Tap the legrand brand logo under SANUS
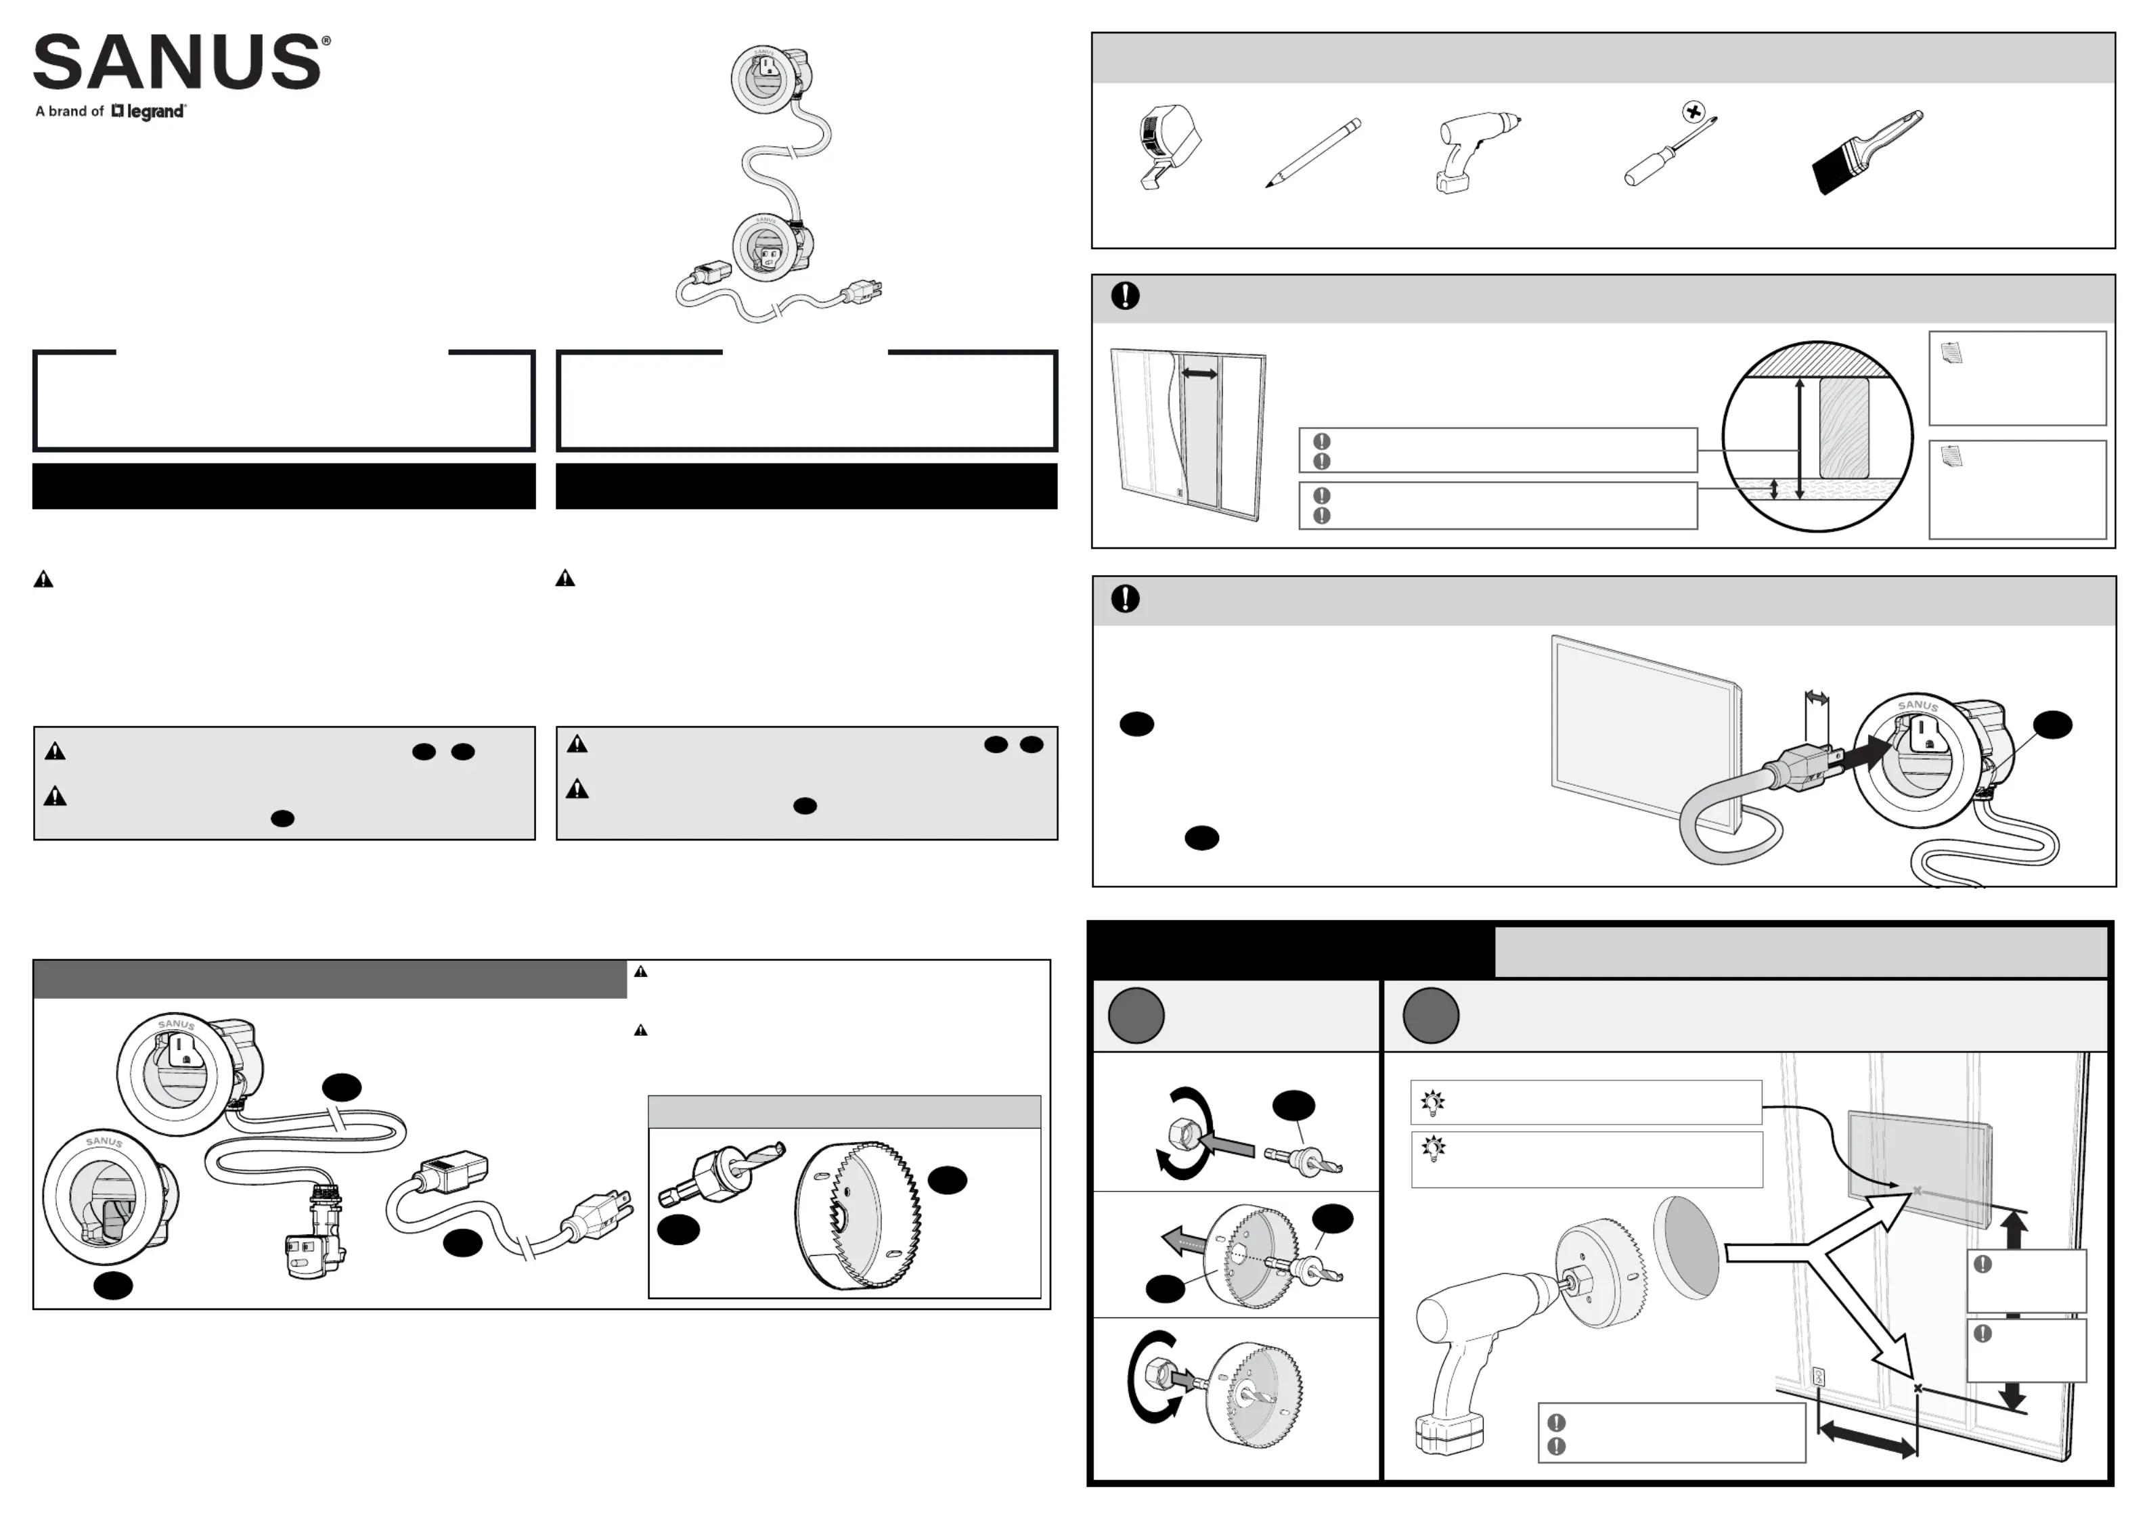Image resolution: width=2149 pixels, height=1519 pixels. point(149,112)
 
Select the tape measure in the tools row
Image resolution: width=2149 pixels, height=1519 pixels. point(1169,147)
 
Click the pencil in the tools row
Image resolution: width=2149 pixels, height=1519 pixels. point(1313,152)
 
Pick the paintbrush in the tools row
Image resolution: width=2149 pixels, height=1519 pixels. point(1867,152)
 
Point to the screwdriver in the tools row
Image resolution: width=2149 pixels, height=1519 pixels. point(1670,151)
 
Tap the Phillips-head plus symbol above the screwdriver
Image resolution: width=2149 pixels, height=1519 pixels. point(1693,112)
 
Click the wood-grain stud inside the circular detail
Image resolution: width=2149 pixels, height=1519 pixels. point(1844,428)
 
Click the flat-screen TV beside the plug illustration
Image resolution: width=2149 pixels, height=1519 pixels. point(1645,733)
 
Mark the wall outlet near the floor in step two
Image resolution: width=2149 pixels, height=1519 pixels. point(1819,1377)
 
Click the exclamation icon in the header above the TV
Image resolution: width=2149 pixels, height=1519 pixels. point(1125,598)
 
